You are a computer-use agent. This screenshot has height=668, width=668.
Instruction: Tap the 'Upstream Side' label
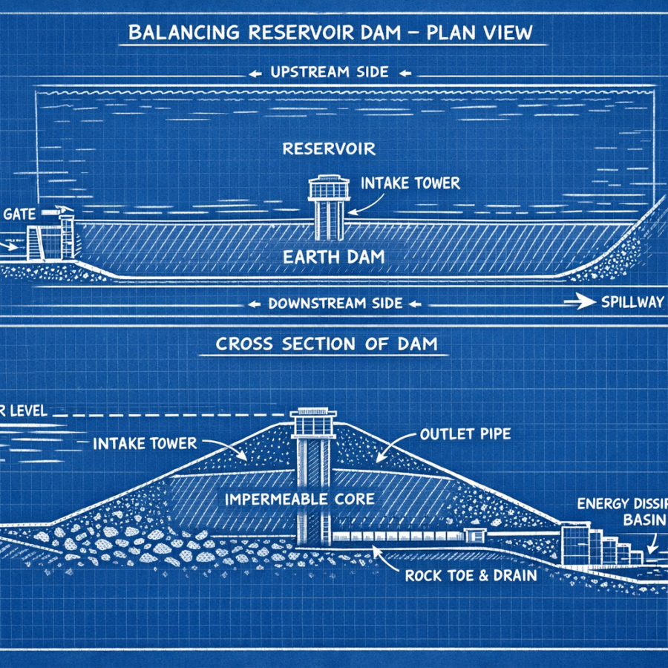[330, 73]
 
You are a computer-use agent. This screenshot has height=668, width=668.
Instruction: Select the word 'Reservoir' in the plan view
[329, 149]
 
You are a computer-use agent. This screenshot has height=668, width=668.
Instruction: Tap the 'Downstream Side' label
[335, 303]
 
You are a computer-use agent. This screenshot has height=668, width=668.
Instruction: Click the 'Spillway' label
[633, 303]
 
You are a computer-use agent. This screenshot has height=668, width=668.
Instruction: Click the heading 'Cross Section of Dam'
[326, 344]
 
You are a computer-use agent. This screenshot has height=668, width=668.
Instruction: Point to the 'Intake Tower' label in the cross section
[145, 444]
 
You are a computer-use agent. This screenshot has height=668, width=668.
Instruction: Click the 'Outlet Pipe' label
[465, 434]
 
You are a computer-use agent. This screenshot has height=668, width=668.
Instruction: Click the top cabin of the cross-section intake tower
[312, 424]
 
